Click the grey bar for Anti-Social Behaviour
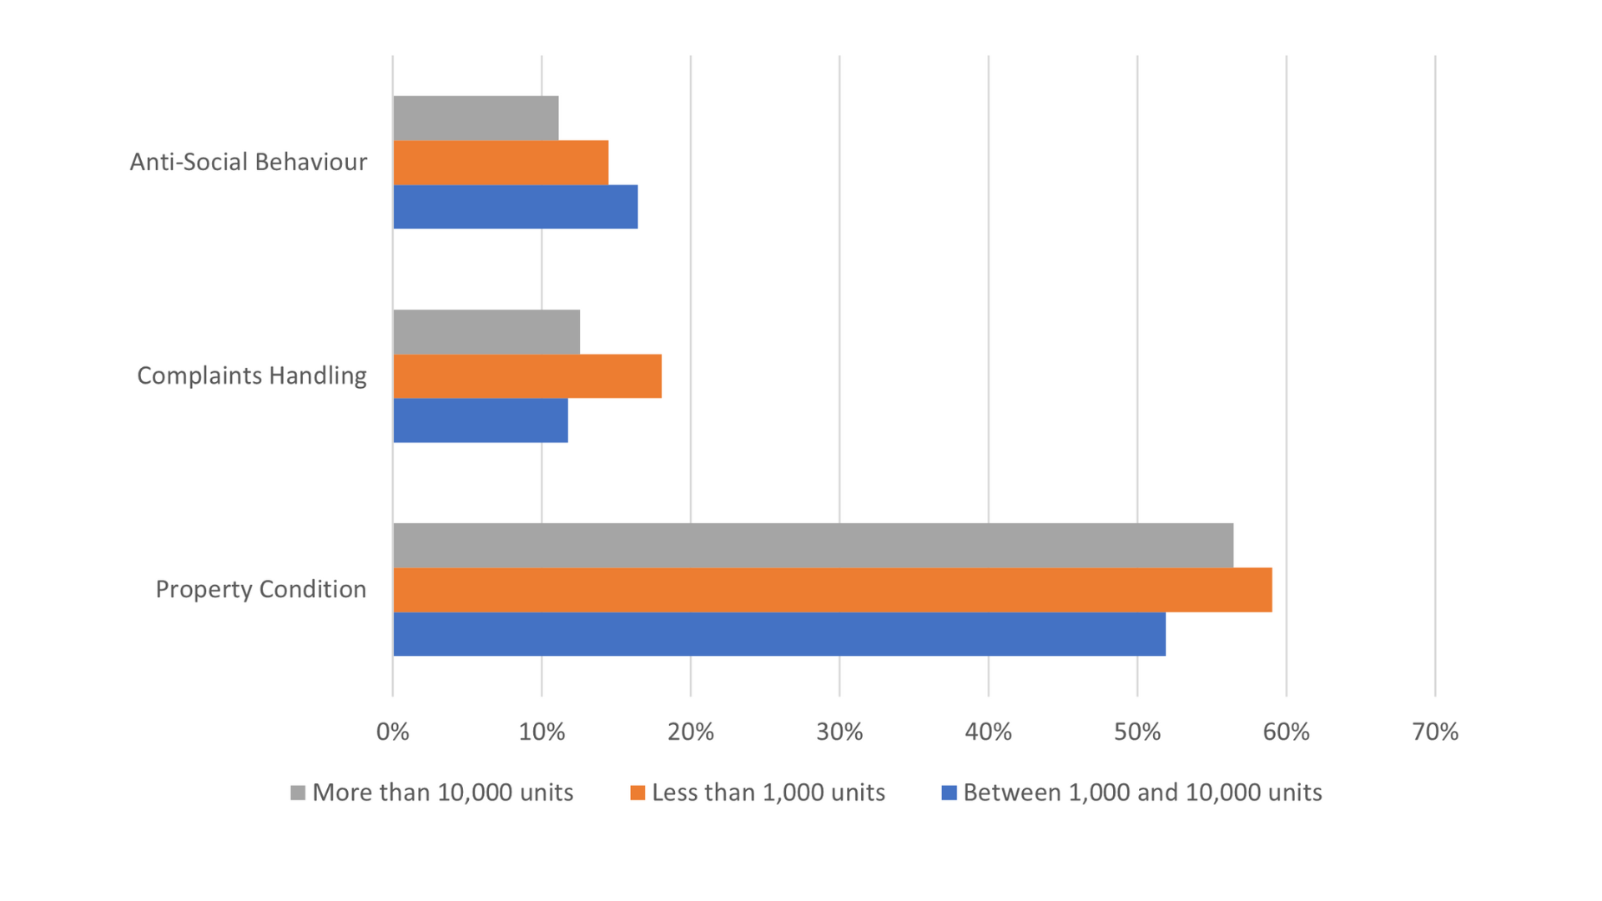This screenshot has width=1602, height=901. point(476,118)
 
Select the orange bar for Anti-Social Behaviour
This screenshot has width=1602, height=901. point(501,163)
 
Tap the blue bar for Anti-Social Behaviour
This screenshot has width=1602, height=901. point(515,207)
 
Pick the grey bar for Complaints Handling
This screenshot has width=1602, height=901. point(486,332)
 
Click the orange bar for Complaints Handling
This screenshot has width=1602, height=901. point(527,376)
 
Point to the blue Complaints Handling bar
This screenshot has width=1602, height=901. point(481,420)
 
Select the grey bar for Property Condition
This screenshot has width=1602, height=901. point(813,546)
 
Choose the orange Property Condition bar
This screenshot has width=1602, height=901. point(832,590)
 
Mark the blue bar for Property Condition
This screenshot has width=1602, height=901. point(779,634)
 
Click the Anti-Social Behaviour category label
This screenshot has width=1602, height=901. point(249,162)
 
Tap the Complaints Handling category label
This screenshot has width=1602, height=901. point(252,376)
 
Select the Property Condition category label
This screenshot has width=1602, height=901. point(261,590)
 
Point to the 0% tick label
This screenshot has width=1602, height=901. point(393,732)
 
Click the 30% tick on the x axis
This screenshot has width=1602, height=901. point(839,732)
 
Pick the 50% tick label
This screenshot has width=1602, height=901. point(1137,732)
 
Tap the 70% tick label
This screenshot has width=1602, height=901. point(1435,732)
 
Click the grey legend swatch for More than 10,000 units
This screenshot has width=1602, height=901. point(298,793)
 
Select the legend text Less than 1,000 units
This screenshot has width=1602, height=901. point(768,793)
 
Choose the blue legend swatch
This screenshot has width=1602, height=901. point(949,793)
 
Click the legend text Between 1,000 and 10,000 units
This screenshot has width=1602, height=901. point(1142,793)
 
